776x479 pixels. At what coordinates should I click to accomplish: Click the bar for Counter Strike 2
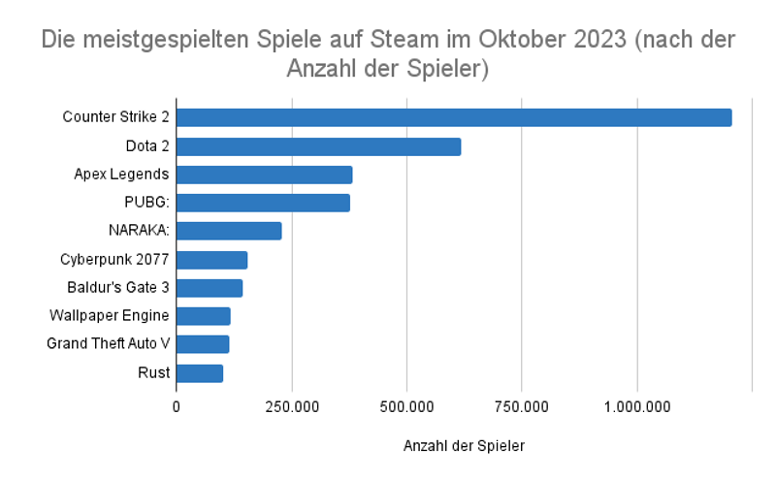tap(454, 117)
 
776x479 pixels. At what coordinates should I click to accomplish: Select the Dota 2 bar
tap(318, 146)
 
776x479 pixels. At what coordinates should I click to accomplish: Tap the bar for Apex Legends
tap(264, 175)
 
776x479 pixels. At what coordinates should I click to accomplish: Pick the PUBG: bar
tap(263, 203)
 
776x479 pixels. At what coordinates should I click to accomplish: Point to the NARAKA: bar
tap(229, 231)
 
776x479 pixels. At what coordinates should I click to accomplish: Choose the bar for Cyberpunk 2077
tap(211, 260)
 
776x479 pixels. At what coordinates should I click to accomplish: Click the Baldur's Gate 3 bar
tap(210, 288)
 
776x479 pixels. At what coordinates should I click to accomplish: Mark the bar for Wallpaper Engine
tap(204, 316)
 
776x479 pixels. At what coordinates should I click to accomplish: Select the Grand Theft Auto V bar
tap(203, 344)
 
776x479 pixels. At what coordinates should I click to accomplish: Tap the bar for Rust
tap(200, 373)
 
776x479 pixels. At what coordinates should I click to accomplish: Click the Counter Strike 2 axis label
tap(116, 117)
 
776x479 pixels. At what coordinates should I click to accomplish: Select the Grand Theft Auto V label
tap(109, 344)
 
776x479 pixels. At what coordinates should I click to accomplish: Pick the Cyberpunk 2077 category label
tap(114, 260)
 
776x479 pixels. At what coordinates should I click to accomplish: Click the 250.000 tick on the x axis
tap(292, 407)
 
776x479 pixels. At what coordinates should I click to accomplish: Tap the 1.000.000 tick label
tap(637, 407)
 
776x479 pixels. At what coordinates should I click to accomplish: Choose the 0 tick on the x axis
tap(177, 407)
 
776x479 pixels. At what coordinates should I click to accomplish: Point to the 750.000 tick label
tap(522, 407)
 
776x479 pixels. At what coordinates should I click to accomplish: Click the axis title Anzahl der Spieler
tap(463, 446)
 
